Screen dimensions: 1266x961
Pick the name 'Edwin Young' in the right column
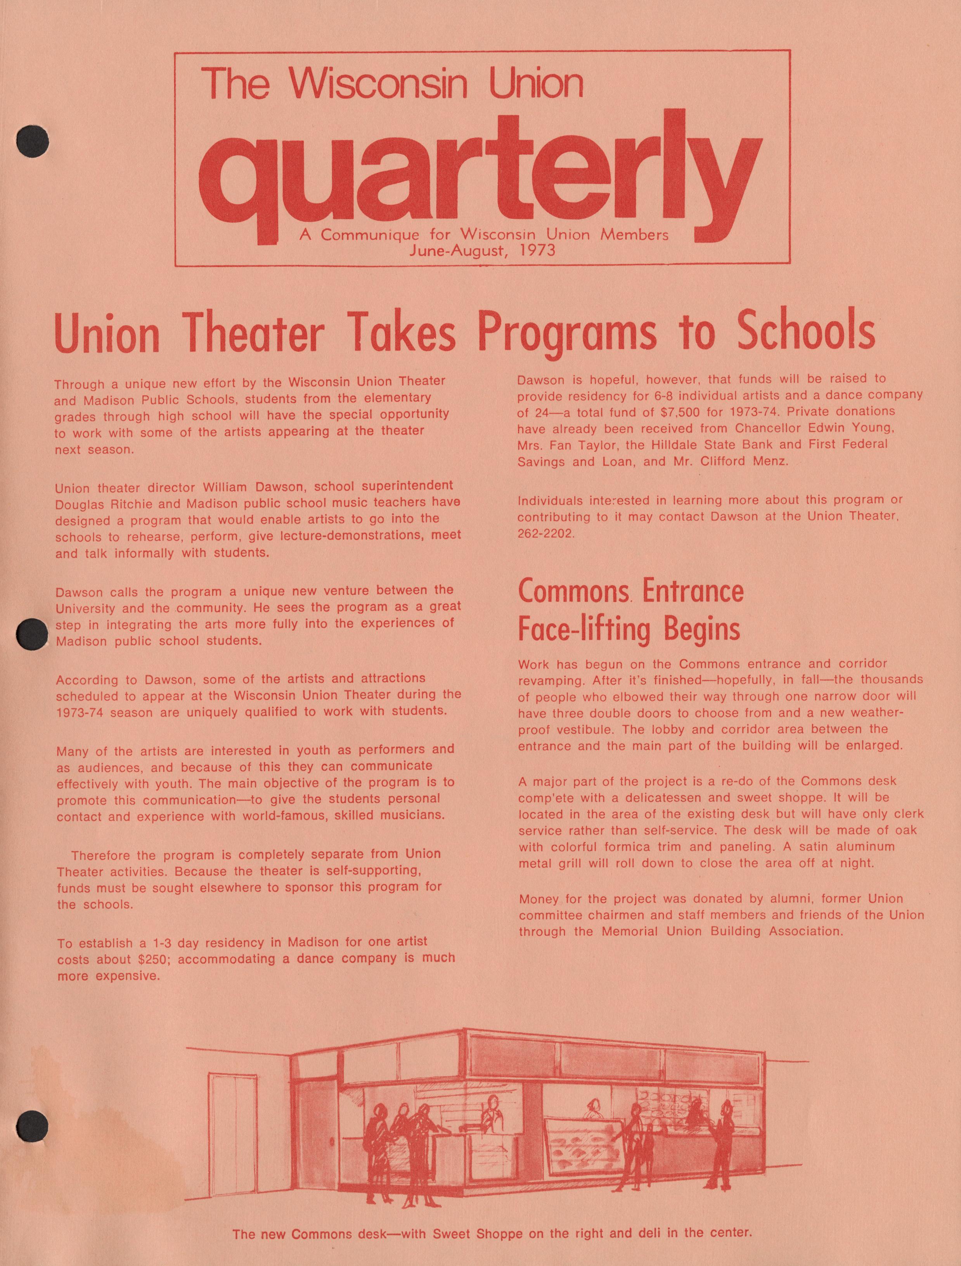(x=852, y=427)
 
